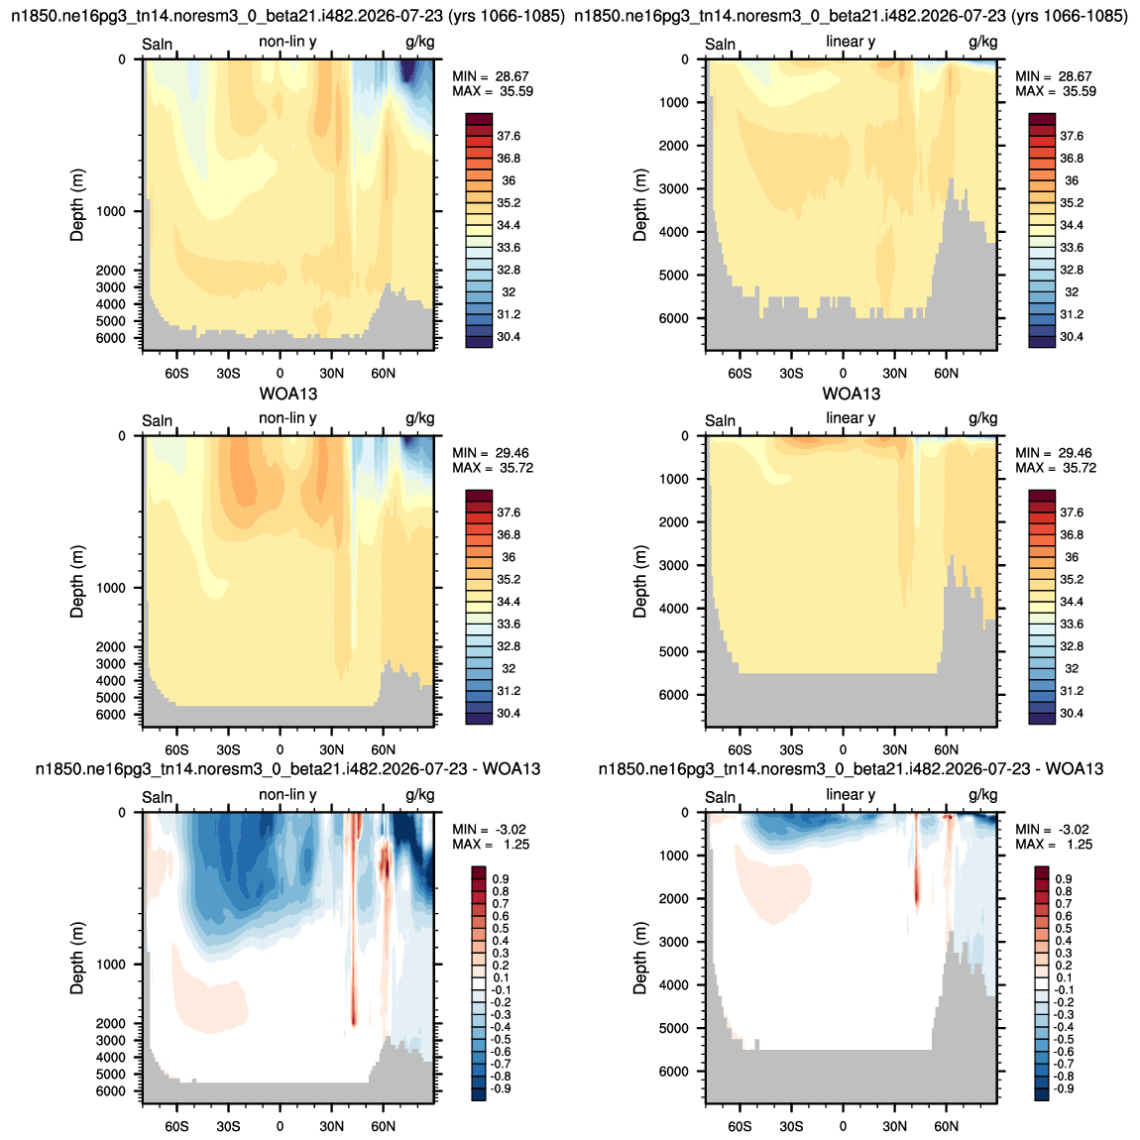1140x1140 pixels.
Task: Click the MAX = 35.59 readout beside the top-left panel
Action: pos(493,91)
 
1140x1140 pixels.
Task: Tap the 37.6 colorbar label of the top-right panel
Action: pos(1072,136)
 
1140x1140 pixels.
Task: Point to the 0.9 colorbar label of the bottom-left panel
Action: pos(501,879)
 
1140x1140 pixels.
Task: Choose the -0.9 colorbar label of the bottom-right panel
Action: pos(1063,1088)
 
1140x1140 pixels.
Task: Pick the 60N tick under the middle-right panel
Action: pos(946,749)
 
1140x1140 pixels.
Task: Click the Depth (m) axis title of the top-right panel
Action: pos(639,205)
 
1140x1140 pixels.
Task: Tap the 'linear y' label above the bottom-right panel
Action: pos(851,795)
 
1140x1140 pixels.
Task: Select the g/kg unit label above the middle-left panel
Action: pos(420,418)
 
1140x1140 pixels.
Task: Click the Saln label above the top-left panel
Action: pos(157,45)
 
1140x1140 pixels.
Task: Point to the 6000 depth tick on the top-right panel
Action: pos(674,318)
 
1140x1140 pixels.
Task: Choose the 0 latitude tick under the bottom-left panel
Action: pos(280,1126)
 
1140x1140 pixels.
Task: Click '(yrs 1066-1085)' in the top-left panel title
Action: pos(506,16)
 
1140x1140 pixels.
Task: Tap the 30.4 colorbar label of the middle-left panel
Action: pos(509,713)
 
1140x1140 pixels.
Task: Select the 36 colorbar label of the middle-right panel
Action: pos(1072,557)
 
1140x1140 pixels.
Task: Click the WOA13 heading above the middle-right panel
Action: pos(852,395)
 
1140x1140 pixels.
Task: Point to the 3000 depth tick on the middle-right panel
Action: pos(674,566)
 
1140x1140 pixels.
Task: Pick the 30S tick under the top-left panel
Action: pos(228,373)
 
